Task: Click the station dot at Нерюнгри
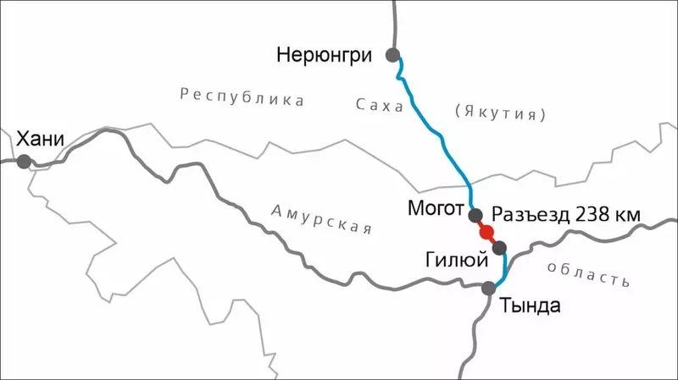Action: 392,55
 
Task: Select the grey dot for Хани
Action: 23,161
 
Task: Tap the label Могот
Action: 436,209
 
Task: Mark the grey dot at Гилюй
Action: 499,247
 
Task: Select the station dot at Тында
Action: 489,289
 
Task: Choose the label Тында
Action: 530,305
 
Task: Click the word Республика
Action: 242,97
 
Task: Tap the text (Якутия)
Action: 500,112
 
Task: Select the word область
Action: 588,273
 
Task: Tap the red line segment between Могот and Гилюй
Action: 492,240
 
